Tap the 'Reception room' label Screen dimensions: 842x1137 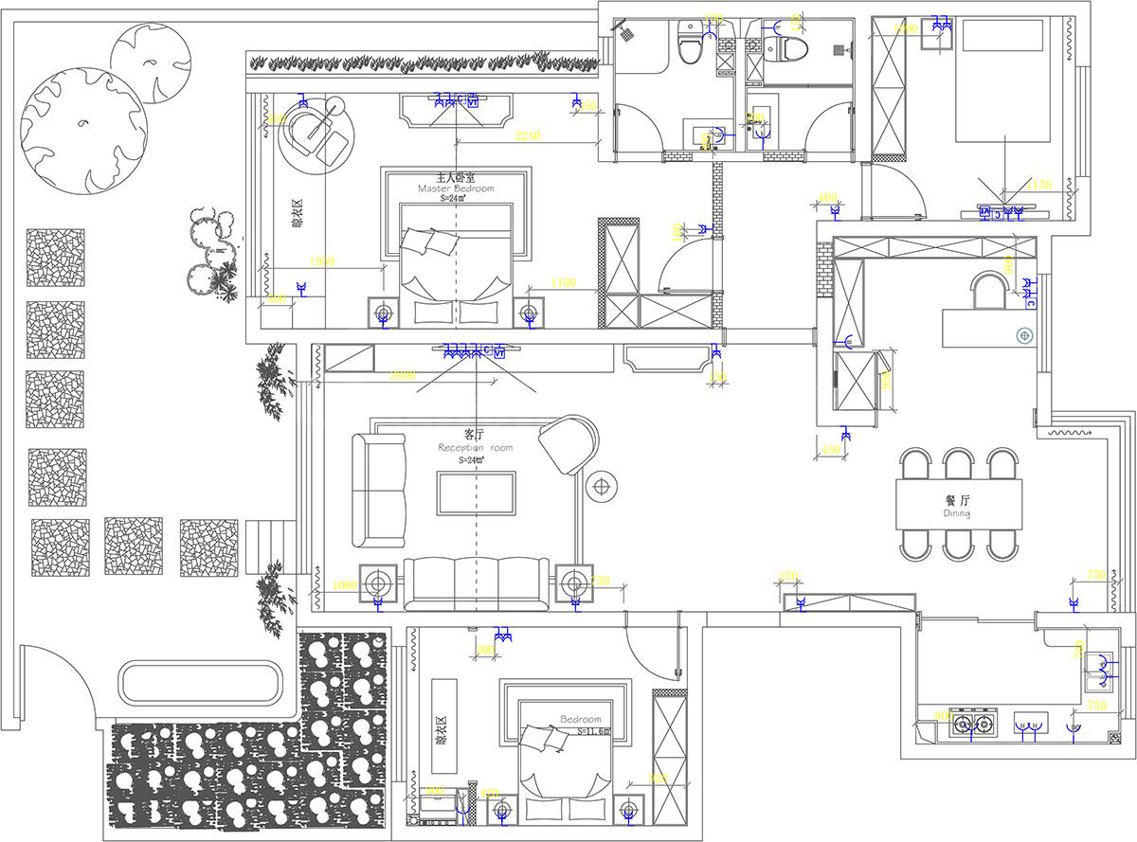click(475, 448)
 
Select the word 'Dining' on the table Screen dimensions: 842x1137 click(958, 513)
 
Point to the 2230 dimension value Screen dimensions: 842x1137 click(528, 136)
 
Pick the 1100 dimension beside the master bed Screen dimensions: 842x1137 click(563, 282)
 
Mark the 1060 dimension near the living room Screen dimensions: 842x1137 click(346, 585)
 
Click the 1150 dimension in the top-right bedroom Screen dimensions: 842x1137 click(1039, 184)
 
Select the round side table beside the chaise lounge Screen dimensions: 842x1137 click(602, 487)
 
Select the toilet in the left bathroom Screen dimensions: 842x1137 click(691, 46)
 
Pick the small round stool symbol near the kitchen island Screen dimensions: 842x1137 click(1023, 335)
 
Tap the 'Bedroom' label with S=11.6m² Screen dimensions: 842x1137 click(581, 720)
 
